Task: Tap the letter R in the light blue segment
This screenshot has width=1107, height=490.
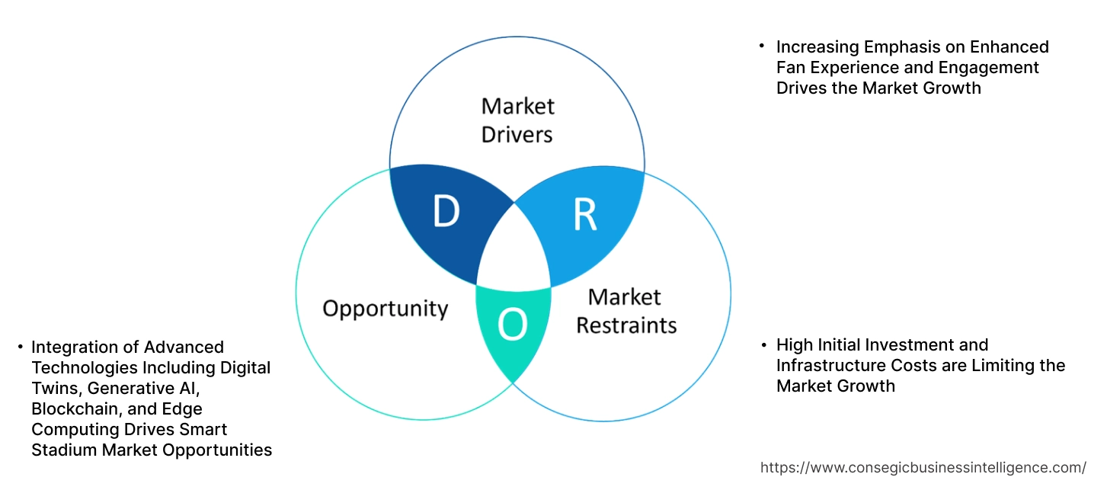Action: [x=584, y=215]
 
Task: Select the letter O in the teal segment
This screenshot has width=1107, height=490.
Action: [x=512, y=325]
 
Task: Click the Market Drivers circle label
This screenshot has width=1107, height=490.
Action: [x=518, y=120]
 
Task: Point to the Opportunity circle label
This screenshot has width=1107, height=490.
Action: [x=385, y=309]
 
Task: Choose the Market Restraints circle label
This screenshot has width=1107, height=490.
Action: [x=625, y=311]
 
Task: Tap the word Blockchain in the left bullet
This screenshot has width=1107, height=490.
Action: [x=74, y=408]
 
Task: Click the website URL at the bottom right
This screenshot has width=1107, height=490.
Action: [x=923, y=467]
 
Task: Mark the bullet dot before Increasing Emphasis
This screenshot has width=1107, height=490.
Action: [x=763, y=47]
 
